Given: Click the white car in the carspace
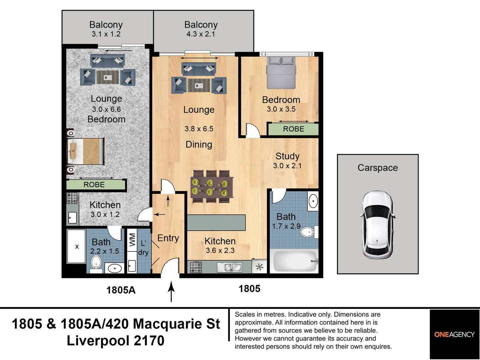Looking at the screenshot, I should [x=377, y=225].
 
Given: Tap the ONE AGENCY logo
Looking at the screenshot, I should [x=454, y=334].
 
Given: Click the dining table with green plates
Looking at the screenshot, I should [x=211, y=187].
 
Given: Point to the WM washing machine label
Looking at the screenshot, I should [x=132, y=240].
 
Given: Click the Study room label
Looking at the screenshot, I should [x=287, y=156].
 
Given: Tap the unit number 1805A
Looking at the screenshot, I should [x=121, y=290].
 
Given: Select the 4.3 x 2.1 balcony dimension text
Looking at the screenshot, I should [x=201, y=34].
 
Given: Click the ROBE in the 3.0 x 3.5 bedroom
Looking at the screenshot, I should [x=293, y=129].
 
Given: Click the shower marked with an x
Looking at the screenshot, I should [x=77, y=247].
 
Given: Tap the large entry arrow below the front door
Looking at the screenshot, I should [x=171, y=291].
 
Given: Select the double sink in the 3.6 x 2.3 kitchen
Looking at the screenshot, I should [x=229, y=267].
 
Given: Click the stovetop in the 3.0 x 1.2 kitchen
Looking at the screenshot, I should [x=72, y=198].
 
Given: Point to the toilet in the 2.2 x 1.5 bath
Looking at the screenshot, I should [x=96, y=262].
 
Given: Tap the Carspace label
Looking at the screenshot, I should [x=377, y=168].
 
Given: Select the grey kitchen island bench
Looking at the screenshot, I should [x=216, y=223].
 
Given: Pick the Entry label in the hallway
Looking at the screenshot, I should [x=168, y=238].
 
